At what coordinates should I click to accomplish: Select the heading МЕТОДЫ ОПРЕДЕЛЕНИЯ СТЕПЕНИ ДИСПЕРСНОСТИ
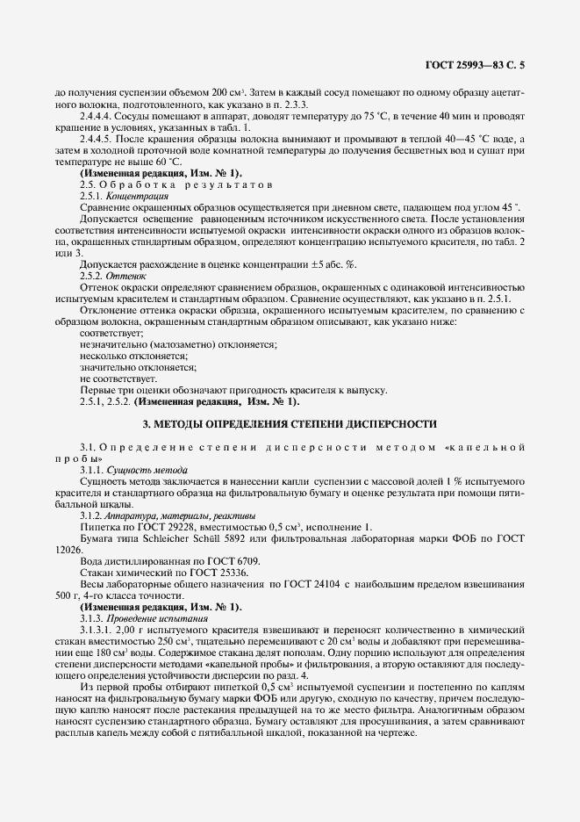pyautogui.click(x=290, y=424)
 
